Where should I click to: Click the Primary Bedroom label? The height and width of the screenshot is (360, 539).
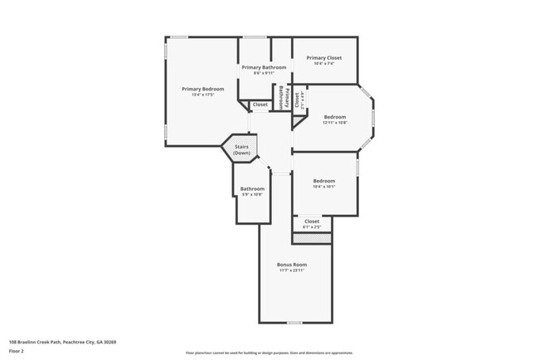tap(202, 89)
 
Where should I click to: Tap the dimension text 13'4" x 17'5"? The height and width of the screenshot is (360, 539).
tap(202, 95)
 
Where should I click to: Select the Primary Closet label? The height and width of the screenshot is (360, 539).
tap(323, 57)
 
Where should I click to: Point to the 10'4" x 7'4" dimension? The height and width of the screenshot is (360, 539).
tap(323, 63)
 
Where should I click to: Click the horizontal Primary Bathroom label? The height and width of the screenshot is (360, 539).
tap(264, 67)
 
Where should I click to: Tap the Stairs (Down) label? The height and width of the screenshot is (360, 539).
tap(241, 150)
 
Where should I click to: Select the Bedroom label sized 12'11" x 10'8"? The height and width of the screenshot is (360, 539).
tap(335, 117)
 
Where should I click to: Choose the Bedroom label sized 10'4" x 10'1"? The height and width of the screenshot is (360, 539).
tap(324, 181)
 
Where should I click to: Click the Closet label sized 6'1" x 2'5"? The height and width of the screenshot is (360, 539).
tap(312, 221)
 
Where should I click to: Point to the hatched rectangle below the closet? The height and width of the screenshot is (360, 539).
tap(312, 238)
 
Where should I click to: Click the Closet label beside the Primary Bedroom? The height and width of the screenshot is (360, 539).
tap(260, 105)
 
